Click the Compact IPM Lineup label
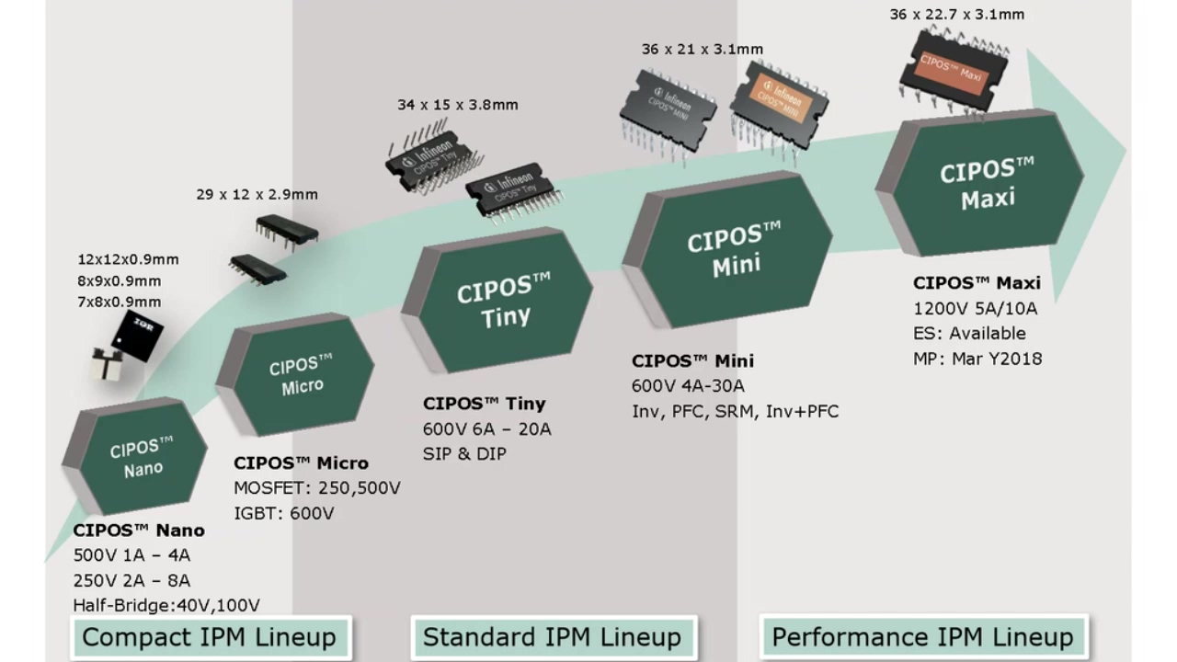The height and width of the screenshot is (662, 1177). [x=210, y=637]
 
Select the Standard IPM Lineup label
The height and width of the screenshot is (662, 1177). [x=552, y=637]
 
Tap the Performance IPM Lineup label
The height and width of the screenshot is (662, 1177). [x=922, y=637]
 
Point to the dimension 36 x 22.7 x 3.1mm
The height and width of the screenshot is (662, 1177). [x=956, y=15]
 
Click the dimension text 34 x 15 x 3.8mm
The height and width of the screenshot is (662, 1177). [x=458, y=105]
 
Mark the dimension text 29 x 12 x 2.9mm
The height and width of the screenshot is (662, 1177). [x=257, y=194]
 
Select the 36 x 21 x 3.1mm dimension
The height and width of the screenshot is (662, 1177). [x=703, y=49]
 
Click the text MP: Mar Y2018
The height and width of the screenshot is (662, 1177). [x=977, y=359]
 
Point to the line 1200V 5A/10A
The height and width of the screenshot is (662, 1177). [x=975, y=308]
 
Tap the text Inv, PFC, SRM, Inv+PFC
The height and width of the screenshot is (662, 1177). [x=735, y=411]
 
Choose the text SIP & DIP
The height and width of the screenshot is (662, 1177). [x=464, y=453]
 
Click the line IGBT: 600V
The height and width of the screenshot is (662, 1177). [x=283, y=513]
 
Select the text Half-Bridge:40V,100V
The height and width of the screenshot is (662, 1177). [x=166, y=605]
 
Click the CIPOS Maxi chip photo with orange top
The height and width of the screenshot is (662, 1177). [x=954, y=64]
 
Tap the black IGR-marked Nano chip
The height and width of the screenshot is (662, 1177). [x=137, y=334]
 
